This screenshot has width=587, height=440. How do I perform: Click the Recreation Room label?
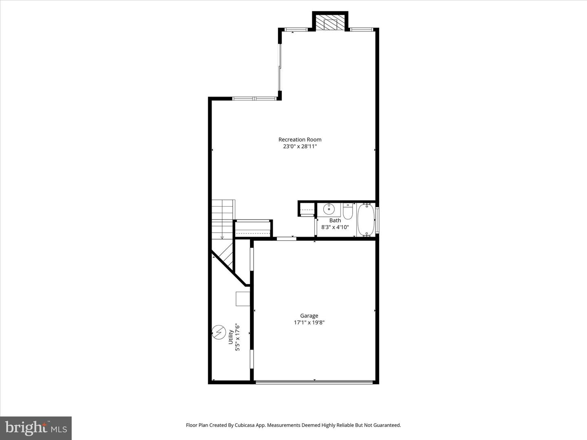[300, 139]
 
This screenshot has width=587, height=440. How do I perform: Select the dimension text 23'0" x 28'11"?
[300, 146]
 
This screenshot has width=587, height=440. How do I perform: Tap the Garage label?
[309, 316]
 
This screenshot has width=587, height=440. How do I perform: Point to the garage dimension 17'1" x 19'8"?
[309, 322]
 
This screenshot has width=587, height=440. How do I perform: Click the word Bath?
[335, 220]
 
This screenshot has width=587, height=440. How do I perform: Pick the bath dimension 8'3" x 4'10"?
[335, 227]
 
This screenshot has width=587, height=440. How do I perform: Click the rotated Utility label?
[231, 337]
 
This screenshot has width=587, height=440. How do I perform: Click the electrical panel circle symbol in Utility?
[218, 332]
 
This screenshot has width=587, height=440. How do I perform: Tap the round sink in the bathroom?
[329, 209]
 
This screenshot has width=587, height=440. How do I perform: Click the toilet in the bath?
[348, 211]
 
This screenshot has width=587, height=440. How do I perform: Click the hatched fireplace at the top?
[330, 22]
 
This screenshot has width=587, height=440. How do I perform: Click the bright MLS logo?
[36, 428]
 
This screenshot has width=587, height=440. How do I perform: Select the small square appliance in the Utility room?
[243, 299]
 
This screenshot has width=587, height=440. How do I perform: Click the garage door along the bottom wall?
[314, 382]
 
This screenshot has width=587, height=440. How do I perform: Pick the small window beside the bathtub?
[377, 220]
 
